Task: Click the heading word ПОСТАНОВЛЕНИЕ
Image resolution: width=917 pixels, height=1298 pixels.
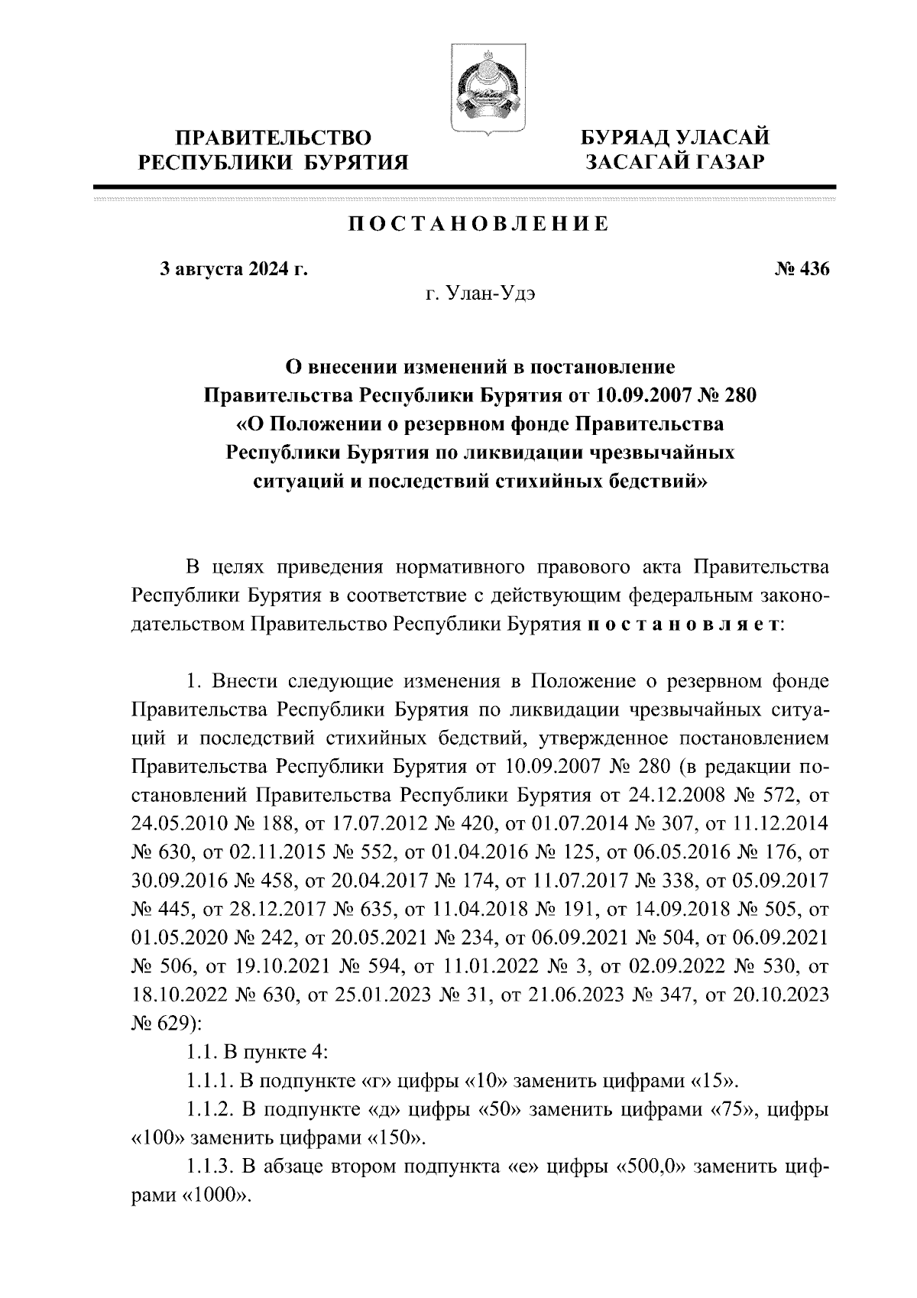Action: [x=479, y=224]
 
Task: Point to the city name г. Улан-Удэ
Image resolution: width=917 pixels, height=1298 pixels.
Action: [x=481, y=295]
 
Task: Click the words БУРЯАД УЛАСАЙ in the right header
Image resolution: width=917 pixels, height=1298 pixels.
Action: [x=675, y=138]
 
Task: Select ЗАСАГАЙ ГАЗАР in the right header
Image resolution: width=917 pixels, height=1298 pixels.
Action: [x=675, y=163]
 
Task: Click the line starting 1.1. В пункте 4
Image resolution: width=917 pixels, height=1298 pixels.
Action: [x=258, y=1053]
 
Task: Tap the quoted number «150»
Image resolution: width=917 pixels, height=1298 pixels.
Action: [x=396, y=1137]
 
